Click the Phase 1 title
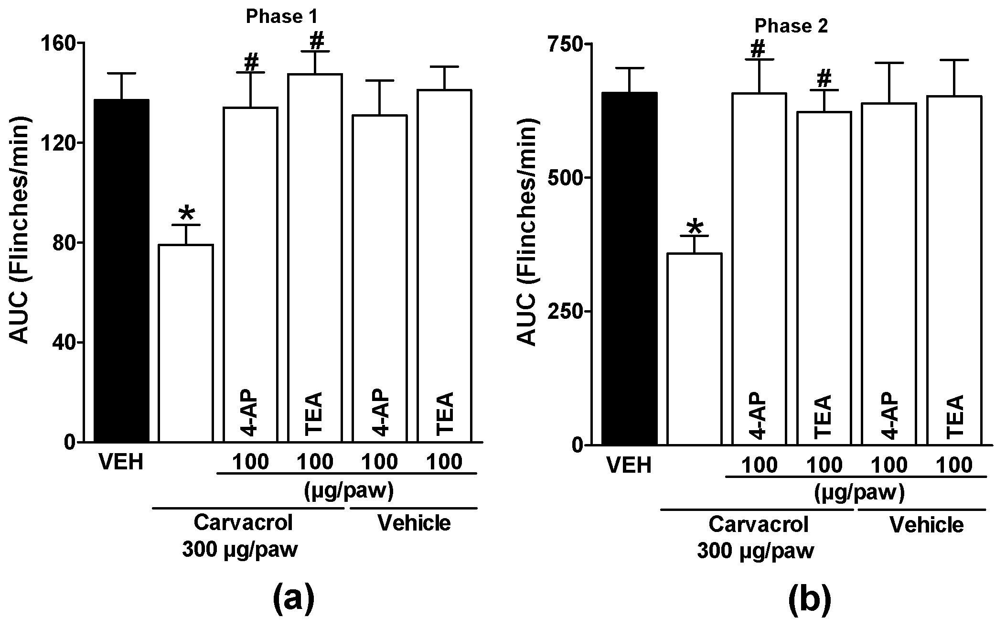pos(281,17)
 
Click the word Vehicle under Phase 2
pos(927,525)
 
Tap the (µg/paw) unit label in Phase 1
pos(348,491)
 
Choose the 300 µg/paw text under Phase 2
pos(755,552)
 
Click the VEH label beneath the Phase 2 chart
pos(629,465)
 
